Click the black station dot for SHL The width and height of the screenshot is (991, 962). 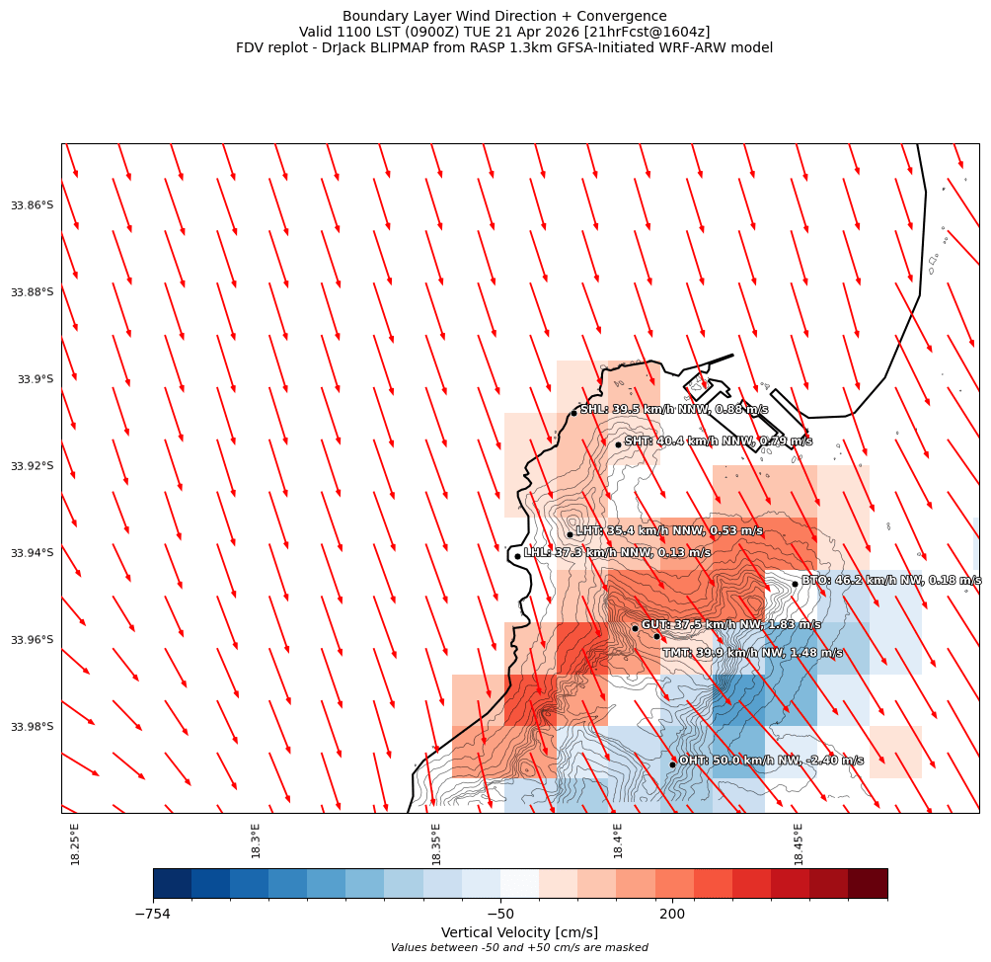[573, 413]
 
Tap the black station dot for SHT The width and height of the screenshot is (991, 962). [618, 444]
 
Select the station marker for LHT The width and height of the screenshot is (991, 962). [570, 534]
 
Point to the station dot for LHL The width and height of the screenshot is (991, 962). [517, 556]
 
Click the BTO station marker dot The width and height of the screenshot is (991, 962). [795, 584]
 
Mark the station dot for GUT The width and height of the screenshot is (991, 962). [635, 628]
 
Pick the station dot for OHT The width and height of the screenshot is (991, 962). [672, 764]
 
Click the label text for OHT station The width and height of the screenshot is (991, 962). [771, 761]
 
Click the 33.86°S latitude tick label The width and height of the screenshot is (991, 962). [32, 205]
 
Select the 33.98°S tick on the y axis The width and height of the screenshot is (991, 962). [32, 727]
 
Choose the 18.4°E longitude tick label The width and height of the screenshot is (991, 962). [618, 842]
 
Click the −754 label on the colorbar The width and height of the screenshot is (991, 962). [153, 915]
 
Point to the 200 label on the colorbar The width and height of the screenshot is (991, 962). [672, 915]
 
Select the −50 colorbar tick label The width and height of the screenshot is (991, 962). [500, 915]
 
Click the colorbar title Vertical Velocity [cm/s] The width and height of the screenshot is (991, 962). [519, 932]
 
